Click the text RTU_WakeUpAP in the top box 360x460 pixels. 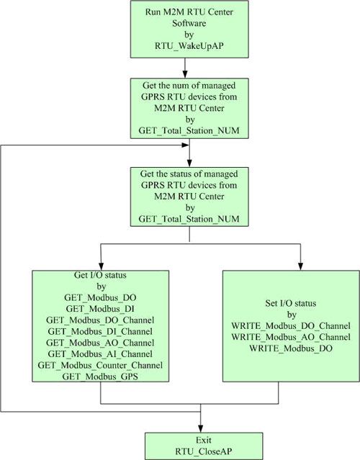[x=189, y=46]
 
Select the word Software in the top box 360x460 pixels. [x=189, y=23]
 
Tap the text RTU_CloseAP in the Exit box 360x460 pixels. [x=204, y=451]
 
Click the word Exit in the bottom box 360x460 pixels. [x=204, y=440]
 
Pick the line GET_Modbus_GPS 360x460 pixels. [x=100, y=376]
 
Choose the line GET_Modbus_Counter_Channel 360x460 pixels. [x=100, y=365]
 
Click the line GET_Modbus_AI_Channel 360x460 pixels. [x=100, y=353]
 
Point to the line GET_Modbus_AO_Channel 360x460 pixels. [x=100, y=343]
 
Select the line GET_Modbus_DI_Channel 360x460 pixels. [x=100, y=331]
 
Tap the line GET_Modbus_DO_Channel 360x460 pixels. [x=100, y=320]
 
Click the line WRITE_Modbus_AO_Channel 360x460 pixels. [x=291, y=337]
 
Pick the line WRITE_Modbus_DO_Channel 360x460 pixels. [x=291, y=325]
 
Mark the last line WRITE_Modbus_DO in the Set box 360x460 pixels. [x=291, y=348]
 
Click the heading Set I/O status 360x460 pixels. [x=291, y=303]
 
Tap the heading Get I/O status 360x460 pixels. [x=100, y=275]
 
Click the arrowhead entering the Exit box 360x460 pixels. [x=201, y=428]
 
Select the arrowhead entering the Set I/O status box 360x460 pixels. [x=300, y=266]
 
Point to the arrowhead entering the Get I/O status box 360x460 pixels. [x=101, y=266]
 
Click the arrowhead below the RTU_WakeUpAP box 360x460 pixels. [x=185, y=74]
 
